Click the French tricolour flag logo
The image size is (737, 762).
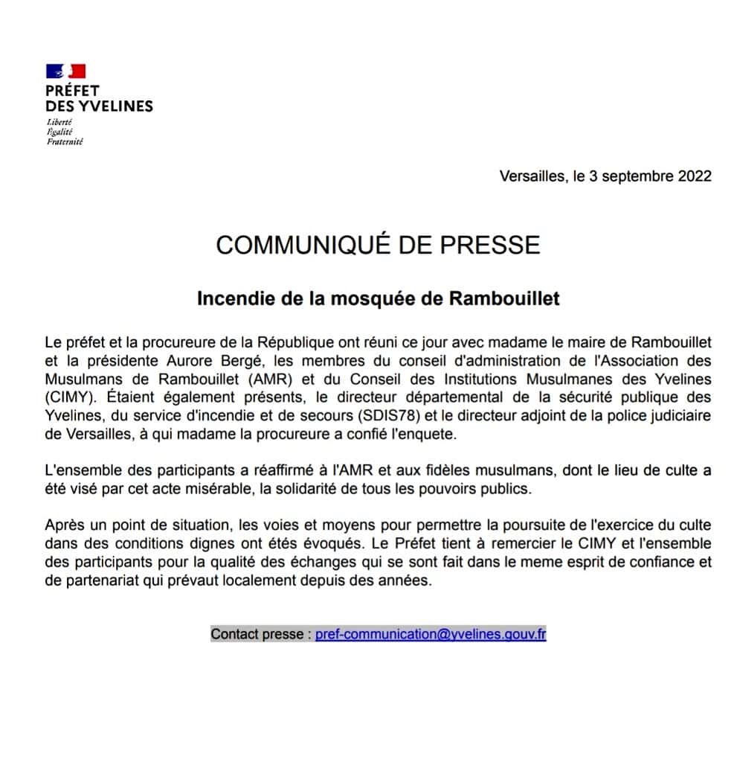point(65,71)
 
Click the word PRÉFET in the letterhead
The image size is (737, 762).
point(72,91)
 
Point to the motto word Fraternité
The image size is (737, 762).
point(65,141)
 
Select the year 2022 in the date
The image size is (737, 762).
point(695,176)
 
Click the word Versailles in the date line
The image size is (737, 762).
point(532,176)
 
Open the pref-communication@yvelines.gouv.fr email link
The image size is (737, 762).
point(431,635)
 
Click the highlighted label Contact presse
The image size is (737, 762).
point(257,635)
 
